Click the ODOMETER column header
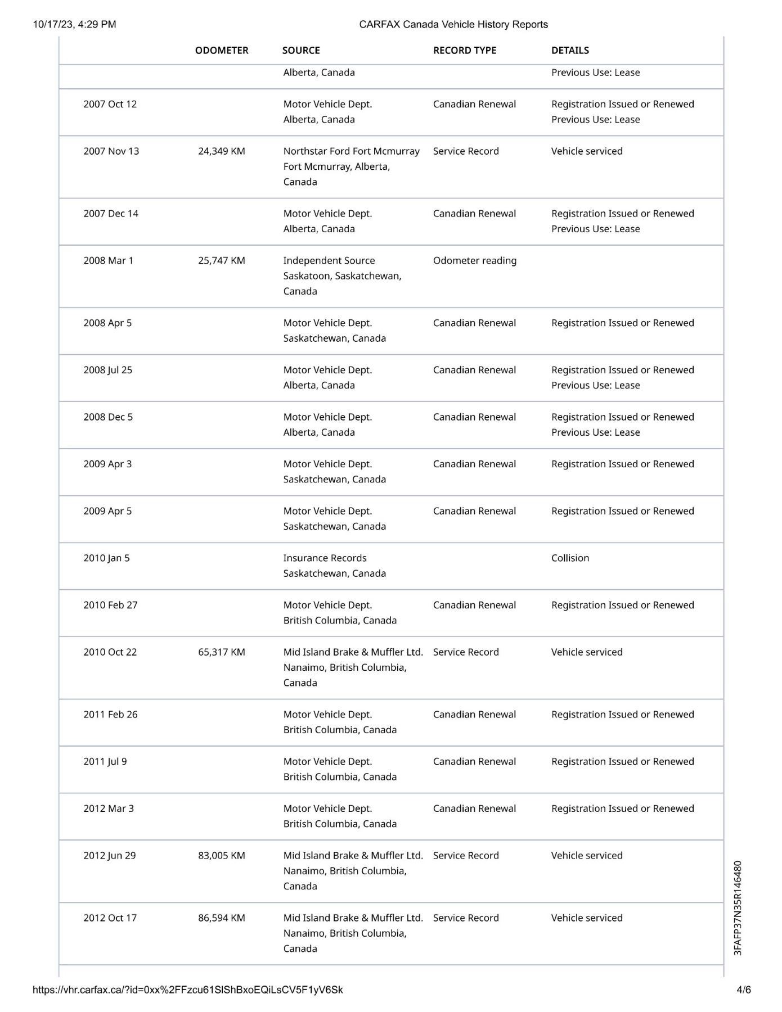222,51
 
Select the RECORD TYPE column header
465,51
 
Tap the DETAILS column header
570,51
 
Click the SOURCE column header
301,51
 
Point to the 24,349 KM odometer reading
222,151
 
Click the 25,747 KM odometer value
222,261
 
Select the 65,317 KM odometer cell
222,652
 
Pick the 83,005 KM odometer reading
222,856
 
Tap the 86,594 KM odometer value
222,918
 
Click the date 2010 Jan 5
106,558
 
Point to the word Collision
570,558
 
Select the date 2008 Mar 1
108,261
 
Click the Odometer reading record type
475,261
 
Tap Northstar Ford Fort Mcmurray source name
351,151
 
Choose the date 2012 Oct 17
110,918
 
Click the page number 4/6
744,990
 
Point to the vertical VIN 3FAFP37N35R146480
738,907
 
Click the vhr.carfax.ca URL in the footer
188,990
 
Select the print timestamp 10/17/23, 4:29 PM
74,24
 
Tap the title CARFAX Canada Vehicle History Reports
453,24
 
